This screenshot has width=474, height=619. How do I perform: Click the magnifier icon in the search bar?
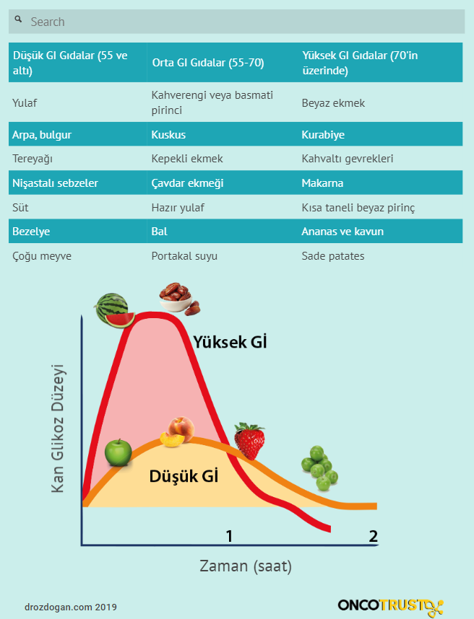click(19, 20)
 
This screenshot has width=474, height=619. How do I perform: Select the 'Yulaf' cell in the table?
click(25, 103)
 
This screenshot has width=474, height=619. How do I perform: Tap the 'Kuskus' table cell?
click(168, 135)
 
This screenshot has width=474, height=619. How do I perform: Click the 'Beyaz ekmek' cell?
click(333, 103)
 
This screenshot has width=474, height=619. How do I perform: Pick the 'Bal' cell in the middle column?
click(159, 232)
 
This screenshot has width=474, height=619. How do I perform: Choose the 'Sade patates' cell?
click(333, 256)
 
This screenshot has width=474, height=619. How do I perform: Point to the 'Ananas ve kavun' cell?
click(342, 232)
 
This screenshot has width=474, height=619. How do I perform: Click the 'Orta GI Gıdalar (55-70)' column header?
click(208, 63)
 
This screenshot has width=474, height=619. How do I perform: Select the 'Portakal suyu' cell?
click(184, 256)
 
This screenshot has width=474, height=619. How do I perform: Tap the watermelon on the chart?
click(114, 310)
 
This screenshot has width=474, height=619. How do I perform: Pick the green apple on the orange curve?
click(117, 452)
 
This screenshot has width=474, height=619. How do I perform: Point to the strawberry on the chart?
click(249, 441)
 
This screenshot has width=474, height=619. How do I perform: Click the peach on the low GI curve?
click(177, 431)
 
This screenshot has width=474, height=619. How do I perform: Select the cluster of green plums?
click(319, 466)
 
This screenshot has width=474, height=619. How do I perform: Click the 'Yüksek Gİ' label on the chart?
click(230, 342)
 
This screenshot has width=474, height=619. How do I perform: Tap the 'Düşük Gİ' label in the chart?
click(184, 476)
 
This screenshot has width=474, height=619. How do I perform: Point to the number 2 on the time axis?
click(373, 536)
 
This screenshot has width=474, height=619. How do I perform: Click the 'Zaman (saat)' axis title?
click(246, 566)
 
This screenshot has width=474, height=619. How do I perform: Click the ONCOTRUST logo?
click(390, 605)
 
